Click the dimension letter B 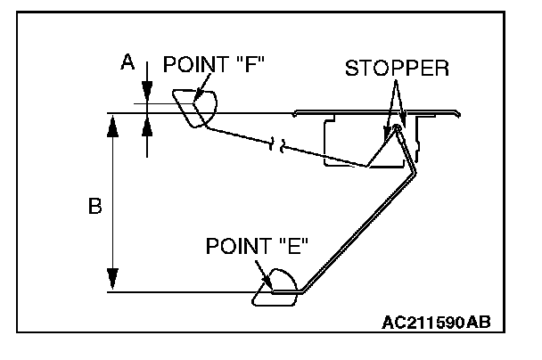click(94, 206)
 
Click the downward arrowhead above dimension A click(147, 94)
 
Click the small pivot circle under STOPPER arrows click(398, 127)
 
